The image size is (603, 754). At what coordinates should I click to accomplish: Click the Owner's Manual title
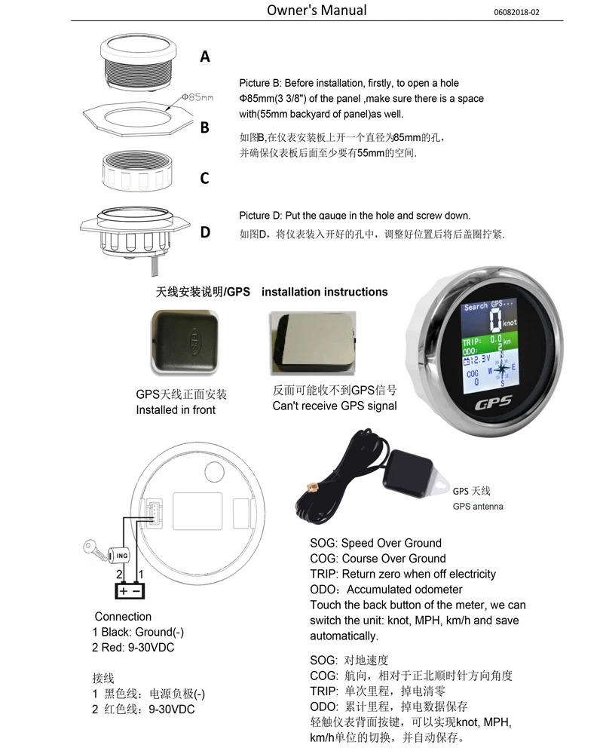[x=317, y=10]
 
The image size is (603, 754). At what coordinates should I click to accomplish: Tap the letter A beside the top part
[x=205, y=57]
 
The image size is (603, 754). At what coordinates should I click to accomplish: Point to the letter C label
[x=204, y=179]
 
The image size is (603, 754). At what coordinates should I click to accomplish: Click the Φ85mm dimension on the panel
[x=197, y=97]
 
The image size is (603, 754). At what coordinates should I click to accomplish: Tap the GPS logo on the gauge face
[x=494, y=402]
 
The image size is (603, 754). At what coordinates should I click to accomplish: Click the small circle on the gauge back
[x=215, y=473]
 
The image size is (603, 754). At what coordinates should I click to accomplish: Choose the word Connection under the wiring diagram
[x=123, y=616]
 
